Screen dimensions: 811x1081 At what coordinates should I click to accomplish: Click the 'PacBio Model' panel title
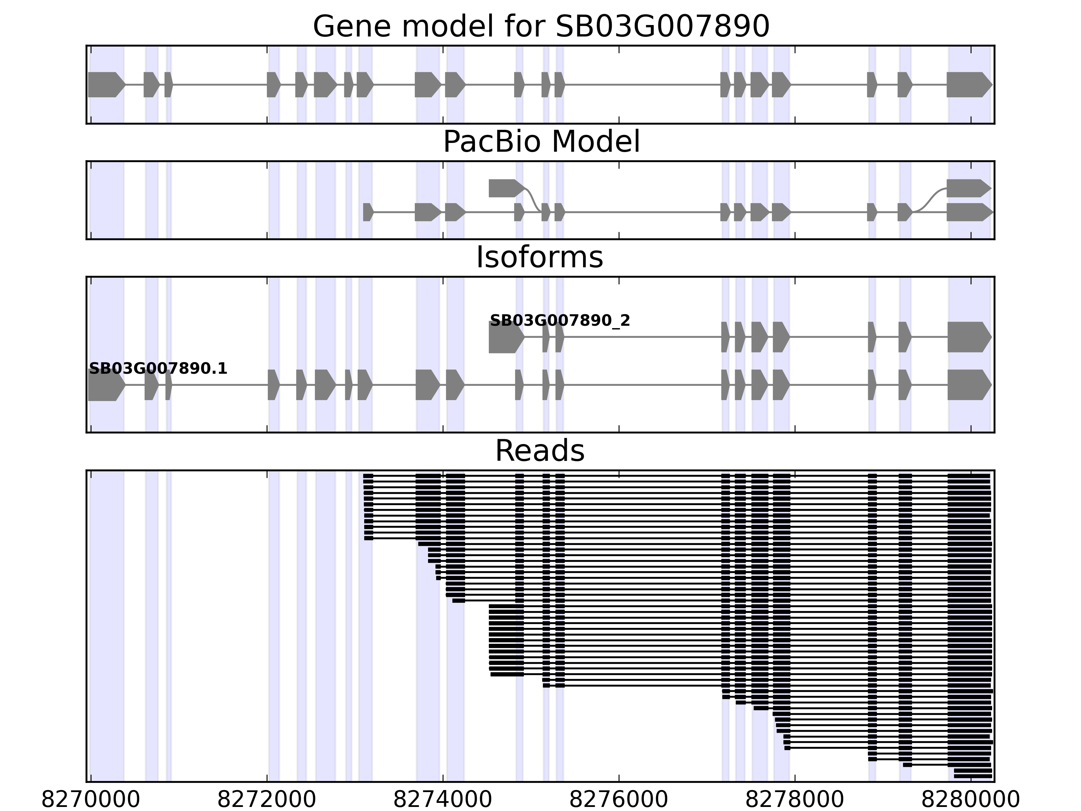point(541,142)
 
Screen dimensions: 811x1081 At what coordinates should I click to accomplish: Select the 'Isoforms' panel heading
point(539,257)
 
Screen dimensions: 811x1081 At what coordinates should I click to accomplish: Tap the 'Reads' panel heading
point(539,451)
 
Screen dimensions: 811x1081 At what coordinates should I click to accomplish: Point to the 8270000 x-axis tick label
point(91,800)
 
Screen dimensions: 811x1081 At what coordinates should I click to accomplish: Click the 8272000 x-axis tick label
point(267,800)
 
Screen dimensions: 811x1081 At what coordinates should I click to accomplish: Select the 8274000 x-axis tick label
point(443,800)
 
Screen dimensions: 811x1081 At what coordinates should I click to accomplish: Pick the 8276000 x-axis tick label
point(619,800)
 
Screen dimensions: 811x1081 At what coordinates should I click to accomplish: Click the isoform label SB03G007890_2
point(559,321)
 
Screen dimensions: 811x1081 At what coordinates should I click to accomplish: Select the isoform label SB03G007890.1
point(158,369)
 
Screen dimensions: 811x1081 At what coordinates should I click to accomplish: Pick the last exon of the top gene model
point(967,84)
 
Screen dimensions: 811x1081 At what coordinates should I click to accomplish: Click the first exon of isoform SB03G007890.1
point(105,385)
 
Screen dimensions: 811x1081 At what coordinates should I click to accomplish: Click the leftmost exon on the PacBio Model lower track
point(368,212)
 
